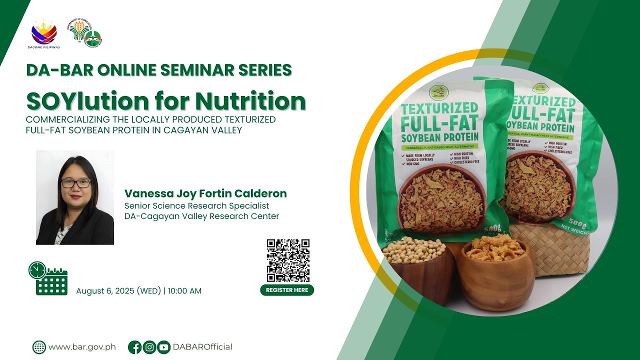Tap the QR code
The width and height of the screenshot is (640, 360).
[287, 260]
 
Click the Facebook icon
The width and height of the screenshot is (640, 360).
[134, 347]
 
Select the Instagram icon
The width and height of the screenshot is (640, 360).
[149, 347]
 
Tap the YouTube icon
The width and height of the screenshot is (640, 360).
[163, 347]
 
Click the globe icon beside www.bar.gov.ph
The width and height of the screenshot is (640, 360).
[39, 347]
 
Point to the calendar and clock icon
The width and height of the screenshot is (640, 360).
[48, 278]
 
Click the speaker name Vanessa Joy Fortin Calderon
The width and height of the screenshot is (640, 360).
[205, 193]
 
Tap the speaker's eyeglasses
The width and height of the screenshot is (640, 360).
[75, 183]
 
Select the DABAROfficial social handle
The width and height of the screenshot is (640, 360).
[202, 347]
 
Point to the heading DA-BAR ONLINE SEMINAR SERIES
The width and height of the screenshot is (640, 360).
[159, 70]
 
